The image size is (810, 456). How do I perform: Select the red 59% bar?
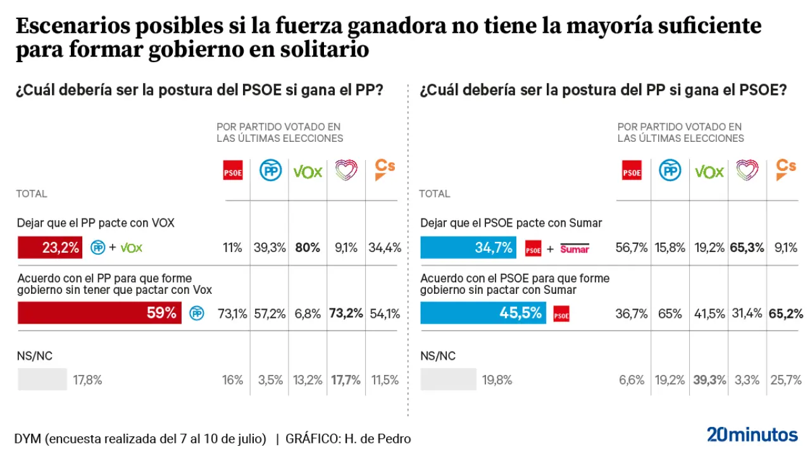(99, 313)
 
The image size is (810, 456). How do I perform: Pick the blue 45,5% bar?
(483, 313)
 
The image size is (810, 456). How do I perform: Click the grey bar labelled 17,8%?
(42, 380)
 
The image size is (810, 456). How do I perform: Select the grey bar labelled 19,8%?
(448, 380)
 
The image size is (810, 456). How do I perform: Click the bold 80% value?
(308, 248)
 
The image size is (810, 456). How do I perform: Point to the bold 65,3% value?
(747, 248)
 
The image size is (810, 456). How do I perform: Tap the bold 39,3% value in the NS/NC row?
(709, 380)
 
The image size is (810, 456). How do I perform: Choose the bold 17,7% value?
(346, 380)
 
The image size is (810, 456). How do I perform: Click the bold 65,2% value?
(785, 313)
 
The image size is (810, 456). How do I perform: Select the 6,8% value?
(308, 313)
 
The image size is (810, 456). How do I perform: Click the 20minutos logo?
(752, 434)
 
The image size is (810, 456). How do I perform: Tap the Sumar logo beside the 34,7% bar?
(575, 248)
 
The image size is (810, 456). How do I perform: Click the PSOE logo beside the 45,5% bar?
(561, 313)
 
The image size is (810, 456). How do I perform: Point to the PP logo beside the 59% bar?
(197, 313)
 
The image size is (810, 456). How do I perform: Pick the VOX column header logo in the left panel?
(308, 171)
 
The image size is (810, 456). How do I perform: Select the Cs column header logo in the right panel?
(785, 169)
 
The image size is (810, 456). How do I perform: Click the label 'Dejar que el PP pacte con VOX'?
(96, 223)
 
